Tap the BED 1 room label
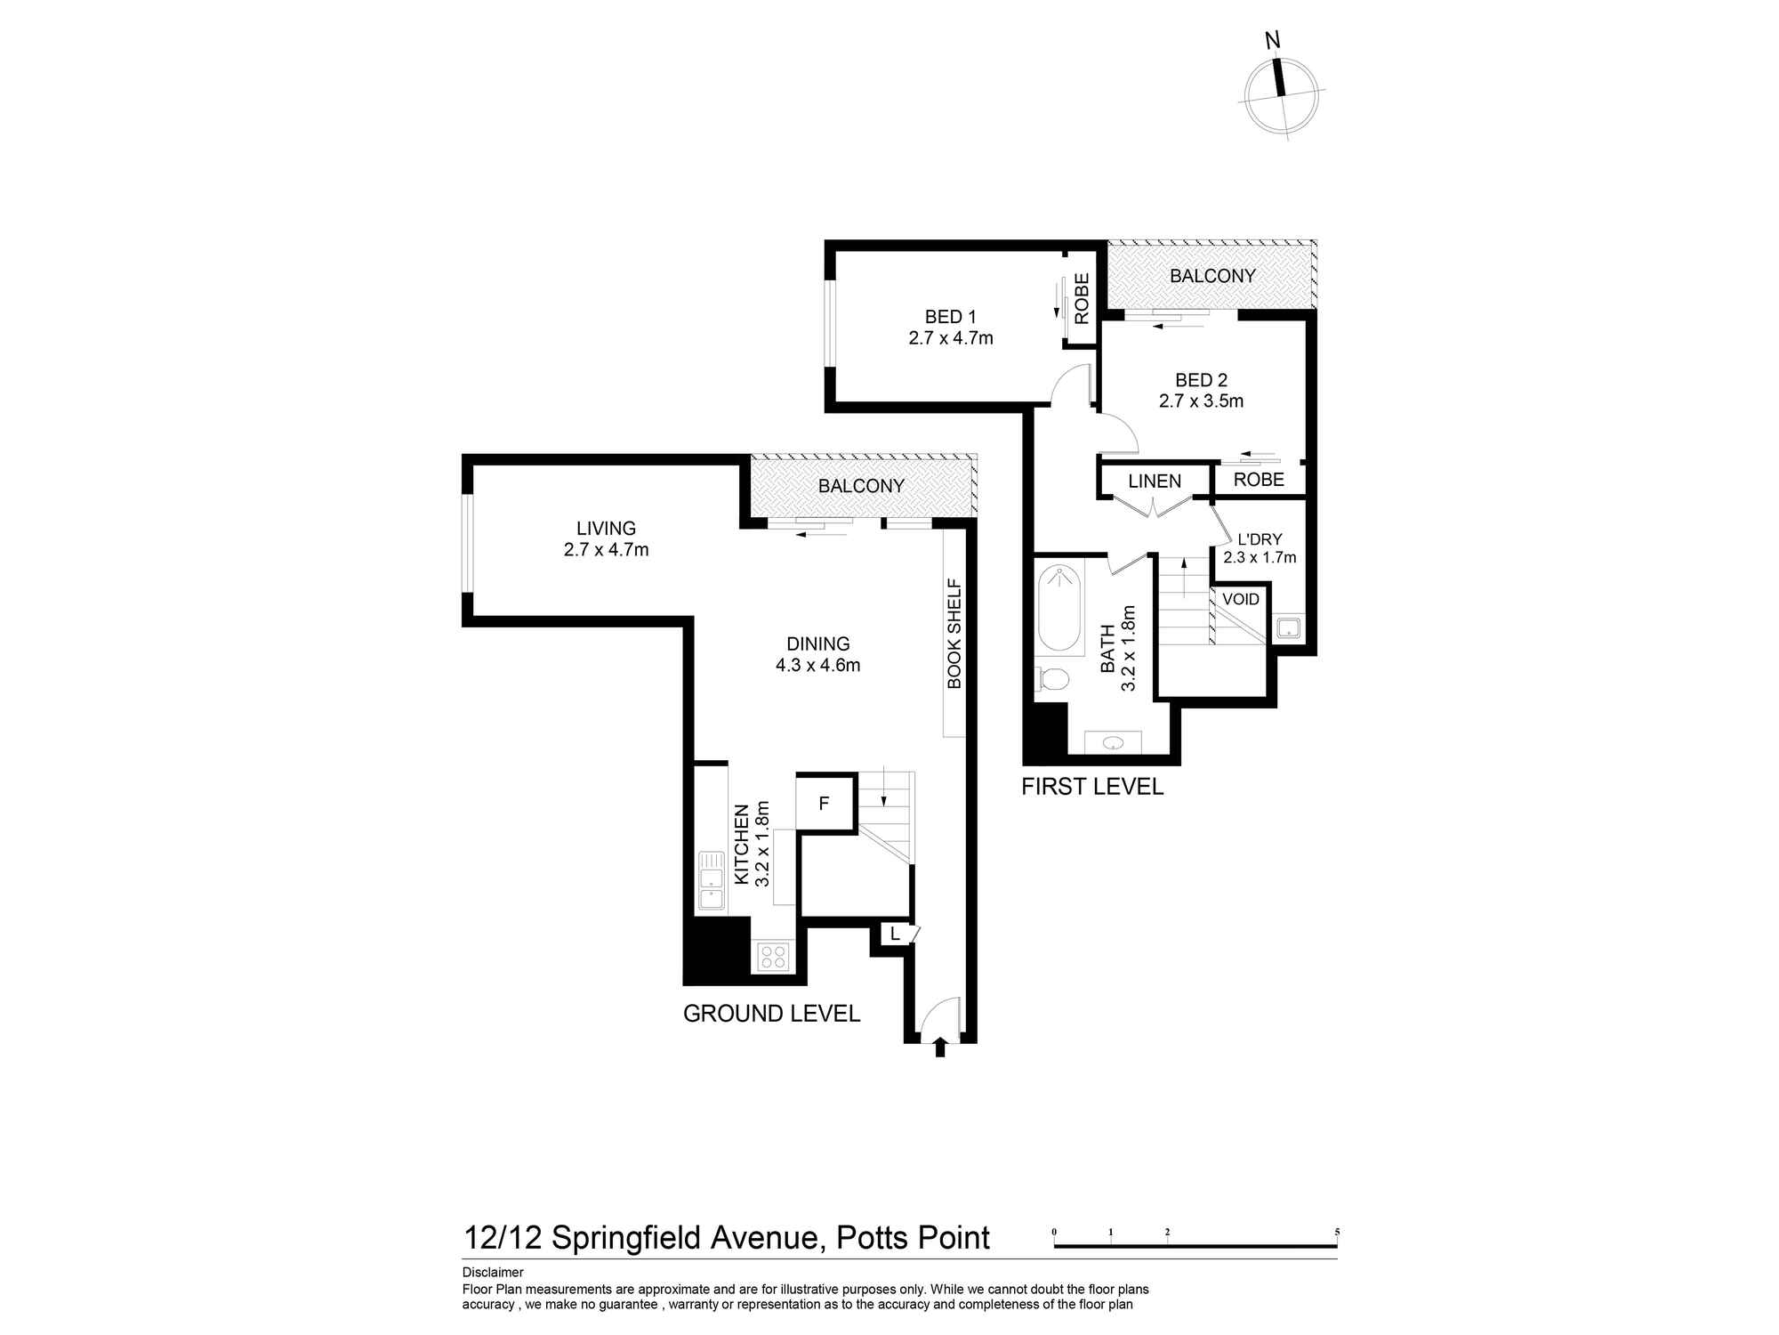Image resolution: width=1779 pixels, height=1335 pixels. coord(950,327)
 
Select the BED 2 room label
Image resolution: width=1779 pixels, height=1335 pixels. coord(1201,390)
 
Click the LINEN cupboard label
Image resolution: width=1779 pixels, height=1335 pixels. coord(1155,481)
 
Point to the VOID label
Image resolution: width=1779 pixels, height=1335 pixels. coord(1240,599)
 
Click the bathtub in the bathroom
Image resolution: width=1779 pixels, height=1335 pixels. coord(1059,606)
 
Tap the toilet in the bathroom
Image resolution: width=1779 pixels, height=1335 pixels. coord(1053,679)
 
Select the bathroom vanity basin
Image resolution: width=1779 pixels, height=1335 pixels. coord(1113,742)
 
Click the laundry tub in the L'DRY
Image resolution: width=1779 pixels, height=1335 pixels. coord(1288,628)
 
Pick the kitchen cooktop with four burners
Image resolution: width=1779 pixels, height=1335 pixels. coord(773,957)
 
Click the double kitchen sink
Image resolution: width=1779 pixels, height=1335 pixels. coord(711,880)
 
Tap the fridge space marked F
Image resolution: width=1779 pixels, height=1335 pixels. coord(824,804)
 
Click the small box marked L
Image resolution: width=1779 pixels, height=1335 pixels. coord(895,934)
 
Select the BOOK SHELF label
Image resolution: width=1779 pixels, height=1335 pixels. coord(954,634)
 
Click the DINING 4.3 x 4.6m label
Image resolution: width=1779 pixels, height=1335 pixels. coord(817,654)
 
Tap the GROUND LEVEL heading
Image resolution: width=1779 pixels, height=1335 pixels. coord(771,1013)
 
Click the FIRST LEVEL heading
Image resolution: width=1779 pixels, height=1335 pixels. coord(1091,787)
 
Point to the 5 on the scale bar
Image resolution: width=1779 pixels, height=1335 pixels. coord(1336,1233)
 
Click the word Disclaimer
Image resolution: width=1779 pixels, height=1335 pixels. coord(493,1273)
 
